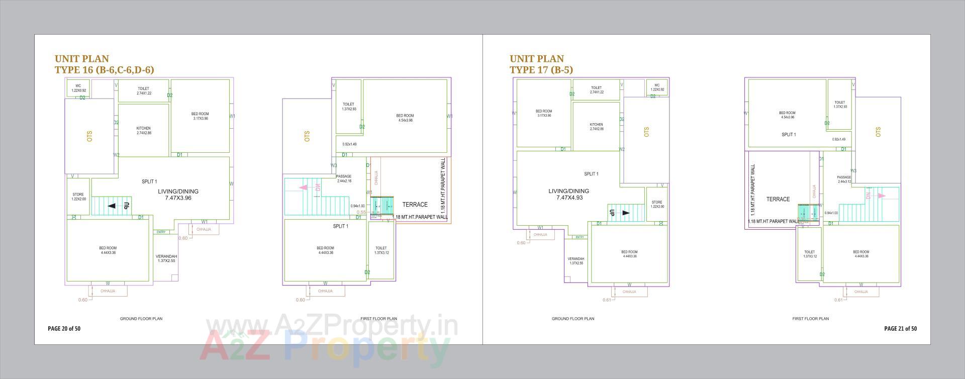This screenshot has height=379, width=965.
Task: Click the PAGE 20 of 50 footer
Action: [64, 329]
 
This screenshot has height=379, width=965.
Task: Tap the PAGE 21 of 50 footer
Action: [900, 329]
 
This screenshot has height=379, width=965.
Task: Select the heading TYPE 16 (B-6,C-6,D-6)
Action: [104, 70]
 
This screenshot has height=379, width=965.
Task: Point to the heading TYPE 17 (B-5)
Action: [541, 70]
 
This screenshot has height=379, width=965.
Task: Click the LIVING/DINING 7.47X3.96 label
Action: [178, 195]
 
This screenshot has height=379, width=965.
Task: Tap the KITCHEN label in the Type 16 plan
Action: [143, 130]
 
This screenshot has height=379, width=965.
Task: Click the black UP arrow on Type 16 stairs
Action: [112, 206]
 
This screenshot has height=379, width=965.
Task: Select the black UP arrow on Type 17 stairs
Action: [626, 213]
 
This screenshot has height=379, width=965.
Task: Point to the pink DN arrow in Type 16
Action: [304, 187]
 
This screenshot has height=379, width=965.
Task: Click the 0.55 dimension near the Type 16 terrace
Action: [361, 212]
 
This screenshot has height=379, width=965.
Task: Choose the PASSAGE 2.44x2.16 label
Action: [344, 178]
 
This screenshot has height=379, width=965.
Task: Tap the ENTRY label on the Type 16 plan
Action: [161, 232]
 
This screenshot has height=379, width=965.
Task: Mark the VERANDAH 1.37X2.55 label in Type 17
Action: [576, 261]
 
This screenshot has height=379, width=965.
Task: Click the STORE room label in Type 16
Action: [78, 197]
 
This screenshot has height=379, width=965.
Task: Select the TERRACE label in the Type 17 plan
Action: [778, 200]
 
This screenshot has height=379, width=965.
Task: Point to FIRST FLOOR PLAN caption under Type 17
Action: [810, 319]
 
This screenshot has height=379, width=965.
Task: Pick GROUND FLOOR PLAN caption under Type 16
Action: [141, 319]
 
